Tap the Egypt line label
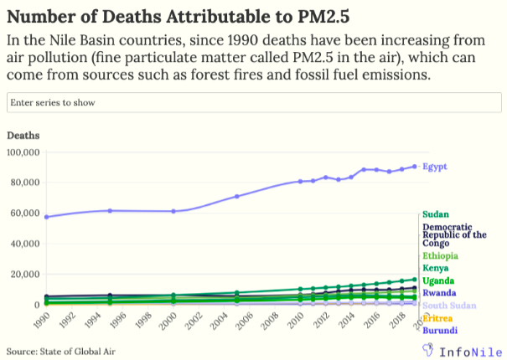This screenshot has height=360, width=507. tap(435, 167)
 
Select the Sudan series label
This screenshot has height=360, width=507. tap(436, 215)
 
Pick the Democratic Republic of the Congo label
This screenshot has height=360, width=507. tap(454, 235)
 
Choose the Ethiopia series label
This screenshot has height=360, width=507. tap(440, 255)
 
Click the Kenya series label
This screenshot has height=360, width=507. tap(436, 268)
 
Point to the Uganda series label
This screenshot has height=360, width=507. tap(439, 280)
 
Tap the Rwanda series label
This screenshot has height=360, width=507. tap(439, 293)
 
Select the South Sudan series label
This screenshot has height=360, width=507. tap(449, 306)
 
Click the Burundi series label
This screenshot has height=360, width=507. tap(440, 332)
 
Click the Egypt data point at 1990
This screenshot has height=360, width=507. tap(46, 217)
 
